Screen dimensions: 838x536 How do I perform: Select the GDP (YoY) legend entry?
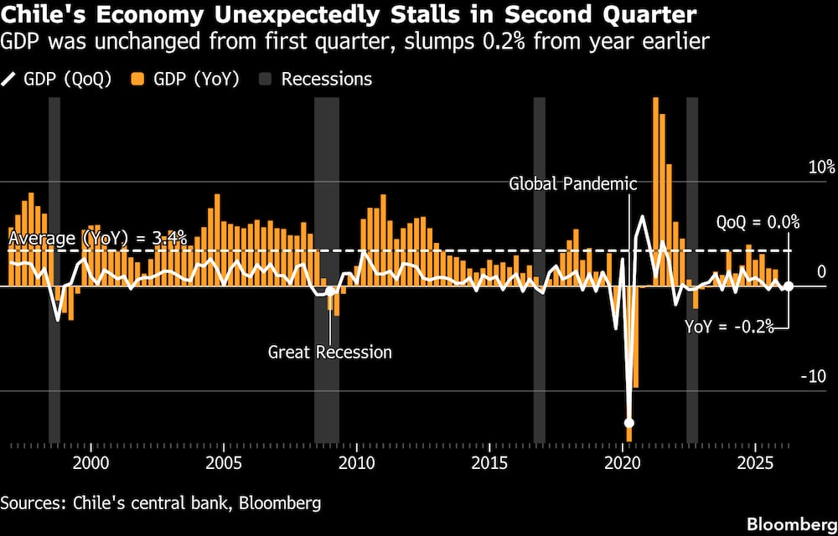184,79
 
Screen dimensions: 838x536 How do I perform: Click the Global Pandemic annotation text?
573,185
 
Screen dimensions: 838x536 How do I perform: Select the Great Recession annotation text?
329,353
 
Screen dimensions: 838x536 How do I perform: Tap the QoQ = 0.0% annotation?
758,222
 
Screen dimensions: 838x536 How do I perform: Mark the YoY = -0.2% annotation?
730,327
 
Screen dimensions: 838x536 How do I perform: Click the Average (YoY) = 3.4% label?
98,238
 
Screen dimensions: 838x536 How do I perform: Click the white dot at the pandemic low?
629,423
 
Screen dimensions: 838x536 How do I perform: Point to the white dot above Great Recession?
329,291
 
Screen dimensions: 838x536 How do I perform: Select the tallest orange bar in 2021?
656,192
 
